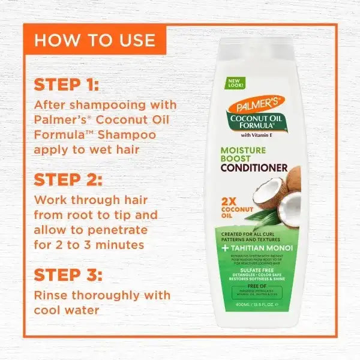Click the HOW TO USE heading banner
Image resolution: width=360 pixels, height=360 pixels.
pos(94,41)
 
